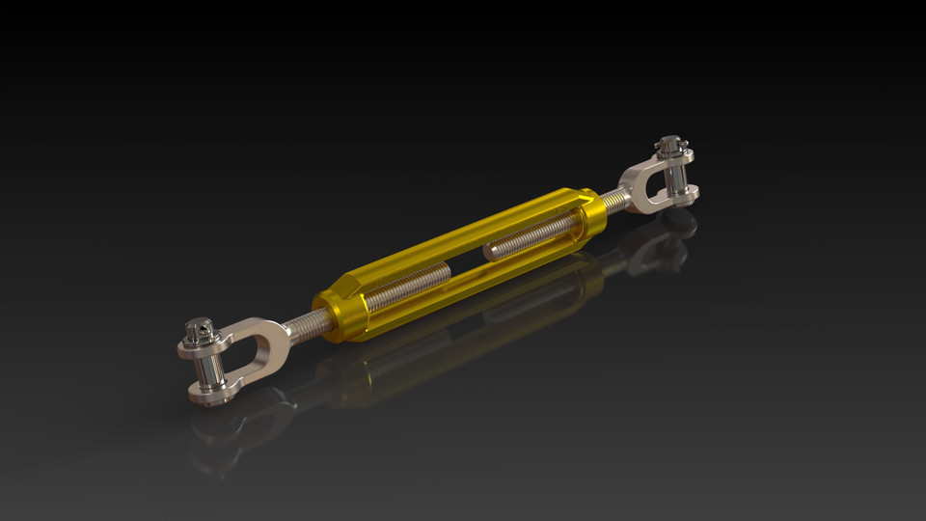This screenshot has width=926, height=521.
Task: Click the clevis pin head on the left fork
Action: pyautogui.click(x=199, y=329)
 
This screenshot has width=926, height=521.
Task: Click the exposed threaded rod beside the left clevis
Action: pyautogui.click(x=307, y=325)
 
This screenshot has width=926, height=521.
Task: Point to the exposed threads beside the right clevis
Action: pyautogui.click(x=614, y=202)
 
